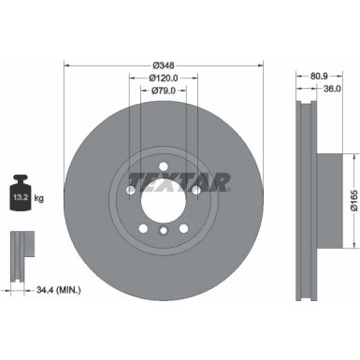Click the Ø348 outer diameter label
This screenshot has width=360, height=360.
[163, 65]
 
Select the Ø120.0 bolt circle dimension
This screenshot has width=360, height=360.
[163, 79]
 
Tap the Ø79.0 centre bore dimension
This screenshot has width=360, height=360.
[163, 91]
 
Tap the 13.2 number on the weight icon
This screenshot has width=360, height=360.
[20, 197]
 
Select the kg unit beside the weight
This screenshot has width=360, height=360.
[39, 198]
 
